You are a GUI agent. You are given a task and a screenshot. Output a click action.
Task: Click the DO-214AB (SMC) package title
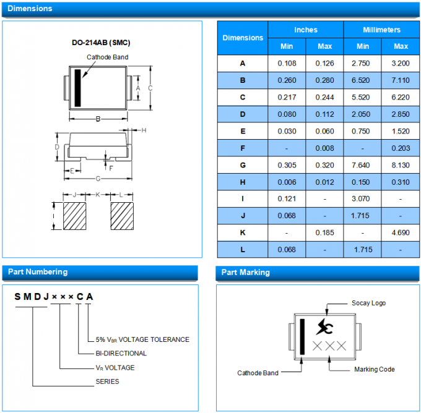[101, 43]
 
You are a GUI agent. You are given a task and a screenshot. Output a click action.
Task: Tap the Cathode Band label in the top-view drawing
[108, 57]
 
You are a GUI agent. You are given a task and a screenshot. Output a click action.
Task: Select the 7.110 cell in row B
[401, 80]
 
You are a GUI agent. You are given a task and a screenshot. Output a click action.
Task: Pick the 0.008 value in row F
[324, 148]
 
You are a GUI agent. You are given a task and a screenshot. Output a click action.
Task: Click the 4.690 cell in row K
[401, 232]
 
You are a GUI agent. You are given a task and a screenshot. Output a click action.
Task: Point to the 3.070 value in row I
[363, 198]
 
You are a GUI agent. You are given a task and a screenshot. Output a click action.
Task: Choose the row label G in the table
[243, 165]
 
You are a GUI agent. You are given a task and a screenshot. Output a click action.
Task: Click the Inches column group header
[305, 30]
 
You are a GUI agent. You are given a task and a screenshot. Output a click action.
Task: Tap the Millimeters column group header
[381, 30]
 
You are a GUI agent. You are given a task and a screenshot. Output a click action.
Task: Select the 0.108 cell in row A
[287, 64]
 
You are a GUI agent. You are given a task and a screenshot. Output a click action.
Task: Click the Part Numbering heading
[37, 272]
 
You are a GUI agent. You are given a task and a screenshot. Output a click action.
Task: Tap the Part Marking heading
[246, 272]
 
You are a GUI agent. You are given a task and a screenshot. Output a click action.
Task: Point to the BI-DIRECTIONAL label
[121, 354]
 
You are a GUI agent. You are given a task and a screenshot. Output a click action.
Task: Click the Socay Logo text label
[368, 303]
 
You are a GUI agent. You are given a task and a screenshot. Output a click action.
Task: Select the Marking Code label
[374, 369]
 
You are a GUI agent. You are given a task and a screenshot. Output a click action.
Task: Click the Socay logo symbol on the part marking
[325, 326]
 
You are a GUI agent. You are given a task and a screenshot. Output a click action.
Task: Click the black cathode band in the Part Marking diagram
[302, 337]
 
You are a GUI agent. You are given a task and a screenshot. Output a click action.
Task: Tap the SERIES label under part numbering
[107, 381]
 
